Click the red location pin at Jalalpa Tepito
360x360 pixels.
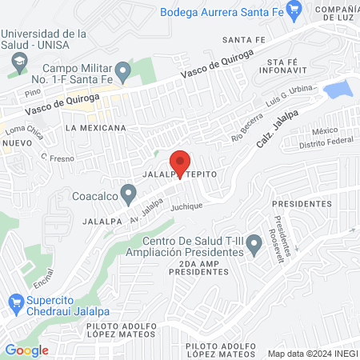180,162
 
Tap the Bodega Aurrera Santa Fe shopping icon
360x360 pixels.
294,11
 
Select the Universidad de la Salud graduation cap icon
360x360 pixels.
17,61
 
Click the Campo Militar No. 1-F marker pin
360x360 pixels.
122,73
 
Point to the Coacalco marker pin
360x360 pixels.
130,194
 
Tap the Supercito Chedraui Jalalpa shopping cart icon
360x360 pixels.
14,302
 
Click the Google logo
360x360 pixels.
26,350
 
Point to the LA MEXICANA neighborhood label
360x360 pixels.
96,127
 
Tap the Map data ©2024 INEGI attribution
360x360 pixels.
313,353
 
